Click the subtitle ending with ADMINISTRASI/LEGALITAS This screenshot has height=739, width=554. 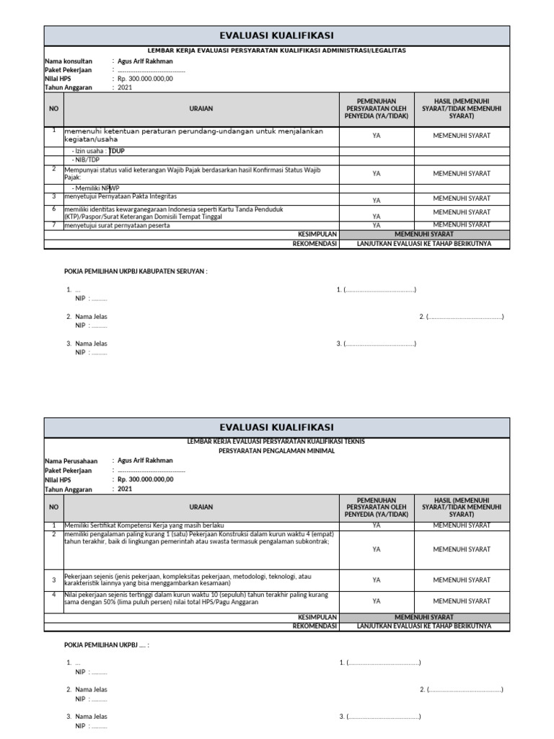click(x=277, y=51)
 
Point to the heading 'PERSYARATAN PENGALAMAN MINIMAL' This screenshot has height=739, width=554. click(x=277, y=449)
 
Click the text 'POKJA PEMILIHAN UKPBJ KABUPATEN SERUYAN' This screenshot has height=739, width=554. click(x=136, y=272)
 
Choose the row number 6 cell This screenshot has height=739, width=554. click(x=53, y=209)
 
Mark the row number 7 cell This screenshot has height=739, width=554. click(x=53, y=225)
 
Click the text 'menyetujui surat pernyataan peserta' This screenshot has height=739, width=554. click(x=118, y=226)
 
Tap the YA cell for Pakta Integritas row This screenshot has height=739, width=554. click(x=377, y=200)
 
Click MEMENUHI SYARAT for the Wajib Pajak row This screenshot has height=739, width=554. click(x=461, y=173)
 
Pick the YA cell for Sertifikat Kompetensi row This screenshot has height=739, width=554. click(x=377, y=525)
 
